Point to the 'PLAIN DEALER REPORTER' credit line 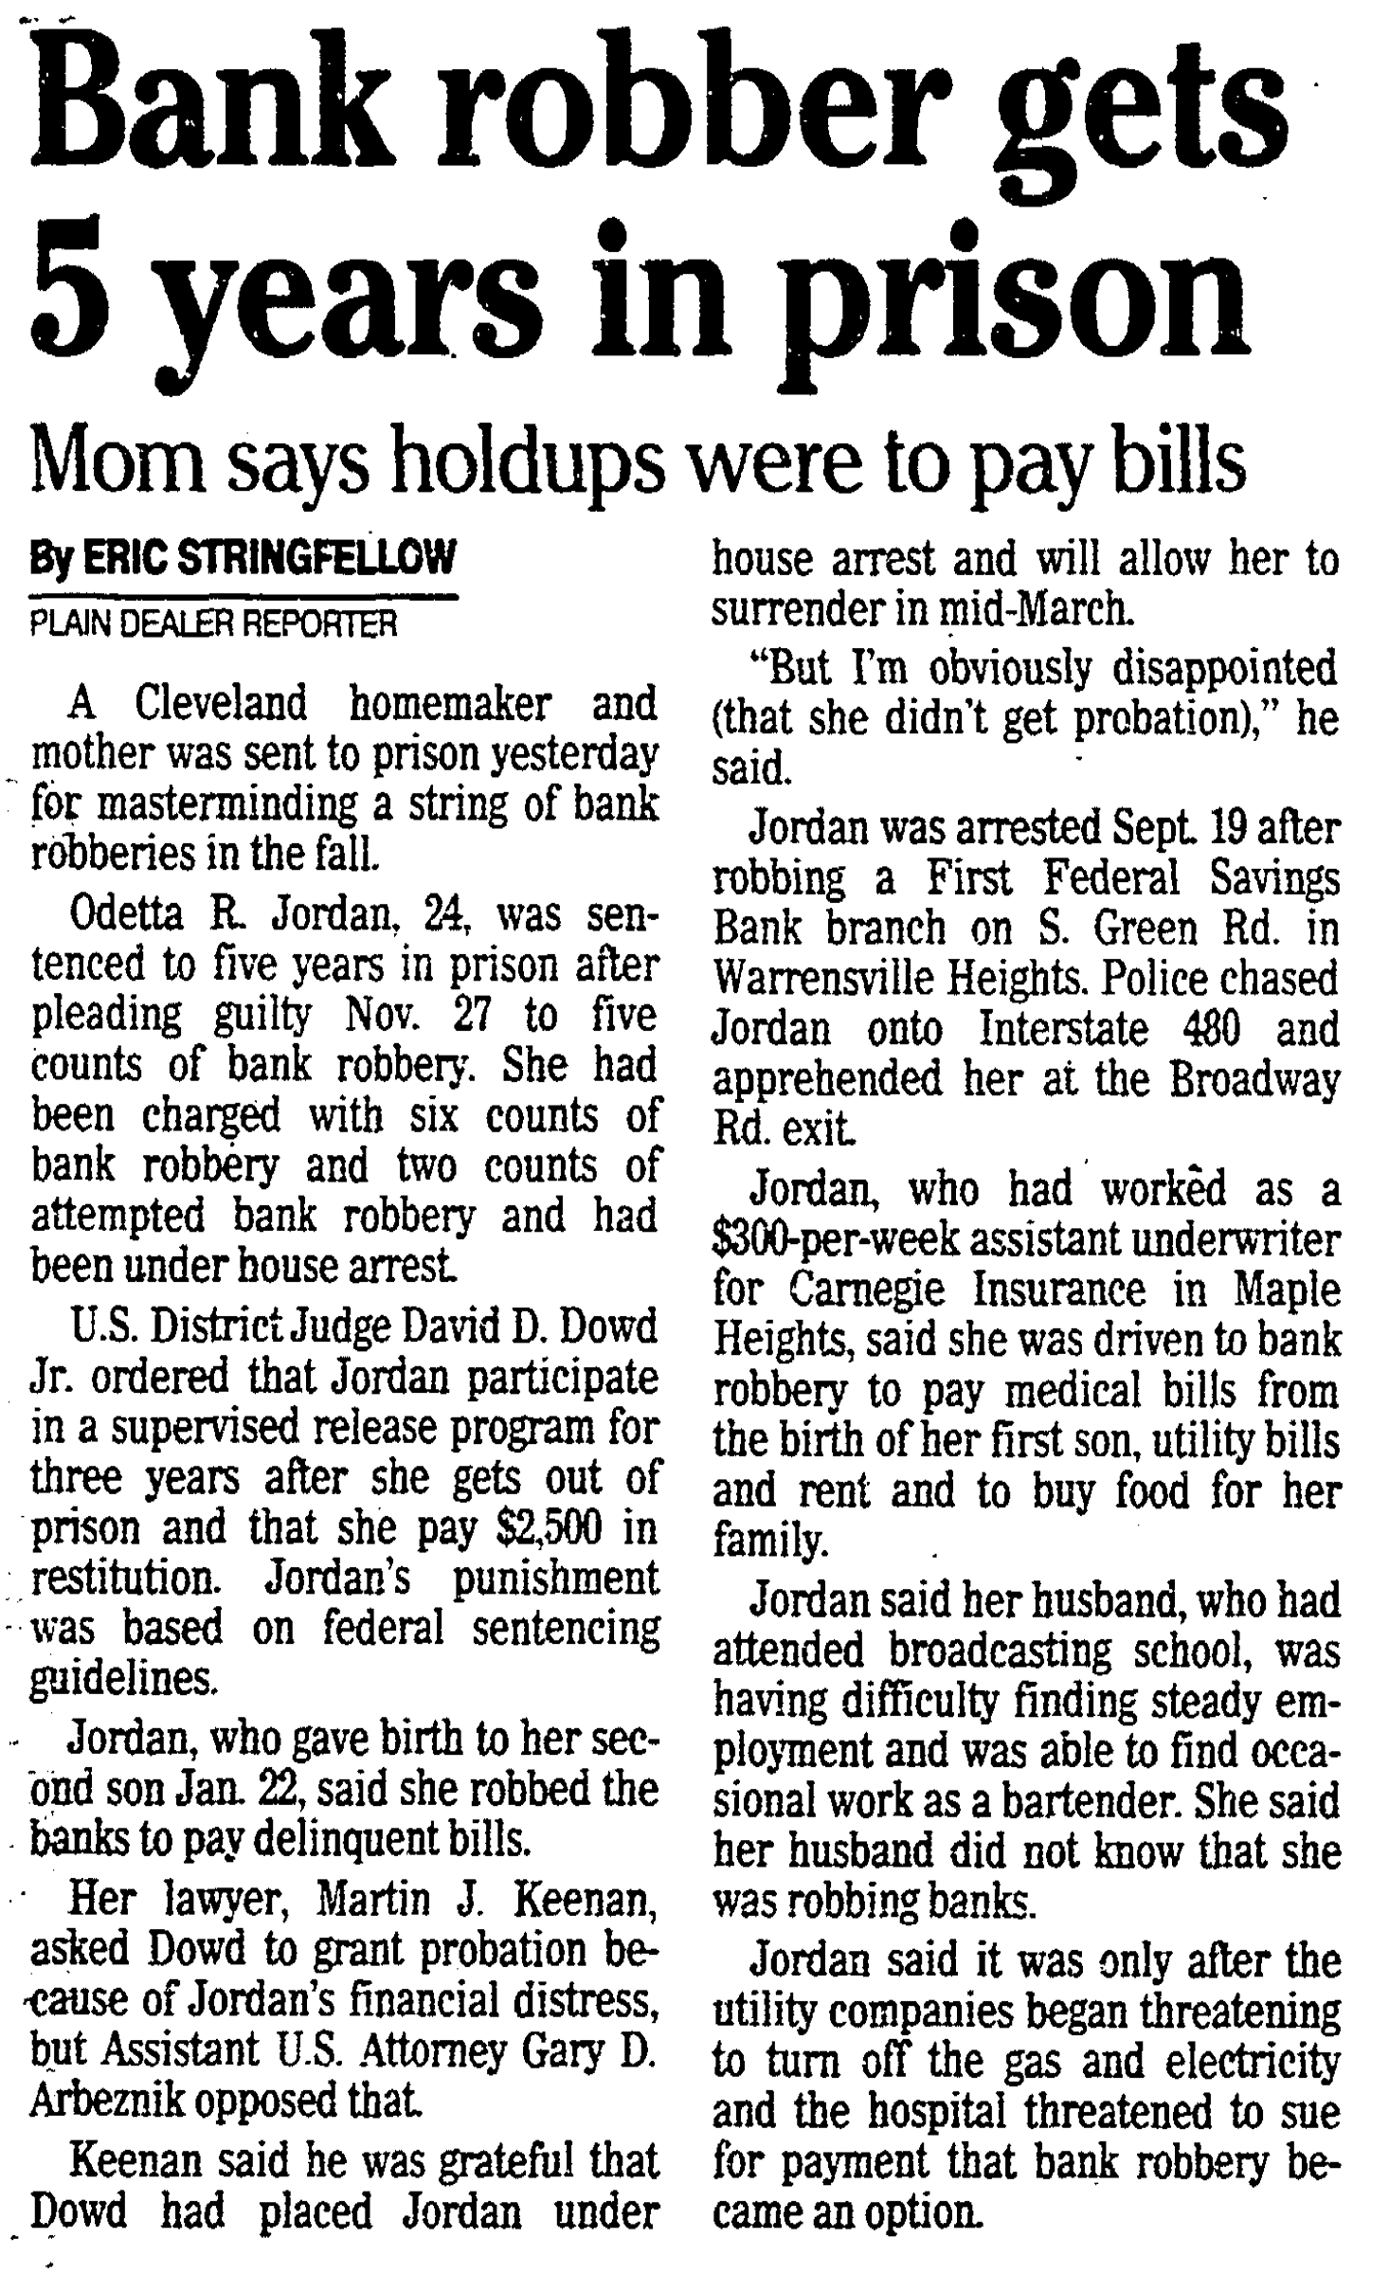point(213,624)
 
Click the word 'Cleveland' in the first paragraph point(222,704)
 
